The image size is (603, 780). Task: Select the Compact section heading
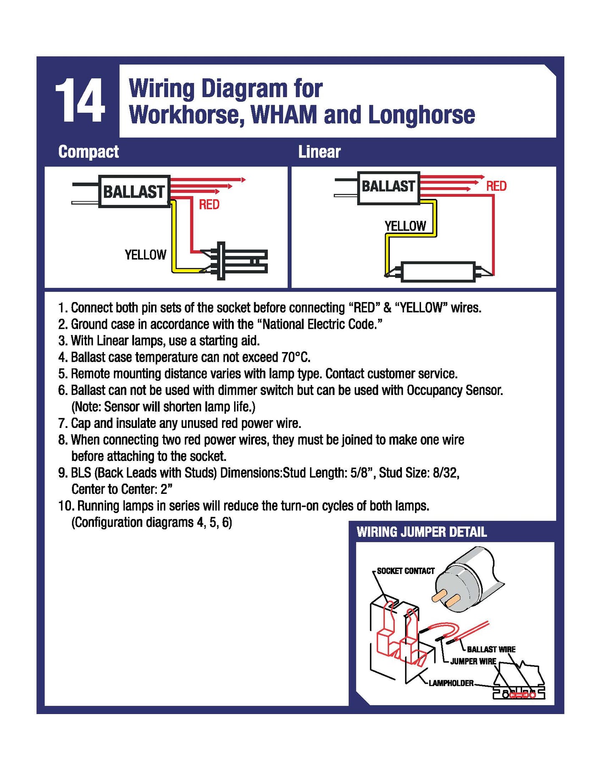[88, 152]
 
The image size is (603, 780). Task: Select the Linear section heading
[319, 152]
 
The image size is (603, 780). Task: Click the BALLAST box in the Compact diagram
[134, 191]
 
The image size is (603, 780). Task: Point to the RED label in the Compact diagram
[209, 204]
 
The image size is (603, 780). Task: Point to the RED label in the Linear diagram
[496, 186]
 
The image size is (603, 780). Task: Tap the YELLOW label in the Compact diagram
[145, 255]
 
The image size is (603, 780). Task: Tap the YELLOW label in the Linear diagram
[405, 226]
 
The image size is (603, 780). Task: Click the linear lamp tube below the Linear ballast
[438, 272]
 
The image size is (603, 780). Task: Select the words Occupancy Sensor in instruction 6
[454, 390]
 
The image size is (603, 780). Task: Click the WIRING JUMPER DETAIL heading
[421, 532]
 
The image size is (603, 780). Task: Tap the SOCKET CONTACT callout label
[405, 571]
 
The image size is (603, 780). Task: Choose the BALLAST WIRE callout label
[491, 649]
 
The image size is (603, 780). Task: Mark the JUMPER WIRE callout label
[473, 662]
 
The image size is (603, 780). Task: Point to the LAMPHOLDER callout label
[451, 683]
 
